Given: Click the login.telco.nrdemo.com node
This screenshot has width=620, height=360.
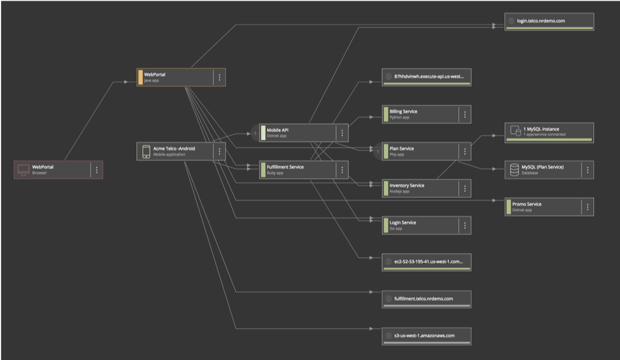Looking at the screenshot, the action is pyautogui.click(x=549, y=21).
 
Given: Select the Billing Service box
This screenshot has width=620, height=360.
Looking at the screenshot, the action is pyautogui.click(x=426, y=114).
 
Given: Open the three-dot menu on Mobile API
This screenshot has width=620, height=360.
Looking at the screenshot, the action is pyautogui.click(x=342, y=133).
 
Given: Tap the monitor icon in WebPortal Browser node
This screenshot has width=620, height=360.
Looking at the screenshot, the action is pyautogui.click(x=23, y=170).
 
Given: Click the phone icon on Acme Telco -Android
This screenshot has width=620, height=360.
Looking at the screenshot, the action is pyautogui.click(x=146, y=152).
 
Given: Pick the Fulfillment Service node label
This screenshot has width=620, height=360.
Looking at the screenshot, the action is pyautogui.click(x=285, y=167).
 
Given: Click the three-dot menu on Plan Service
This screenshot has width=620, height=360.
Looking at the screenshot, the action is pyautogui.click(x=465, y=152).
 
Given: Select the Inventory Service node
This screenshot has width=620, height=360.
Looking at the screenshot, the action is pyautogui.click(x=426, y=188).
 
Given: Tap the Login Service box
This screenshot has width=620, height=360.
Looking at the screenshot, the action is pyautogui.click(x=426, y=225).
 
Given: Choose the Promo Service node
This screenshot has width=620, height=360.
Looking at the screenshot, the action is pyautogui.click(x=549, y=207).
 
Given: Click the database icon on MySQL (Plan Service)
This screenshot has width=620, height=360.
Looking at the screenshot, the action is pyautogui.click(x=515, y=169).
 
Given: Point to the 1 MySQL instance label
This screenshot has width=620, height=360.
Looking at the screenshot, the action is pyautogui.click(x=541, y=129).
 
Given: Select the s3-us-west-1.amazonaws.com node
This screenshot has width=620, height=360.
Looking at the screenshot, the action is pyautogui.click(x=426, y=336).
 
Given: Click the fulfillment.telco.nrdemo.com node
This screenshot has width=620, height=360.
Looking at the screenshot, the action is pyautogui.click(x=426, y=299).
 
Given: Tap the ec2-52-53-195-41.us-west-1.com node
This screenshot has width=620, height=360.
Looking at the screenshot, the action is pyautogui.click(x=426, y=262).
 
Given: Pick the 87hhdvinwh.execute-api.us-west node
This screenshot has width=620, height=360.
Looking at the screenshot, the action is pyautogui.click(x=426, y=77).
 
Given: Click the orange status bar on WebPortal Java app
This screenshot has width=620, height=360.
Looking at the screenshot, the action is pyautogui.click(x=140, y=77).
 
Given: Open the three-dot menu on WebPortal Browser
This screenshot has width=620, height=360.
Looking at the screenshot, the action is pyautogui.click(x=97, y=170).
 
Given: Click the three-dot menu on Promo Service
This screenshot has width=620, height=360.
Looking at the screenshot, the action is pyautogui.click(x=587, y=207).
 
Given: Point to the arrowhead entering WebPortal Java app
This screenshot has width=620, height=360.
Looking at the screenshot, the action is pyautogui.click(x=126, y=82).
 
